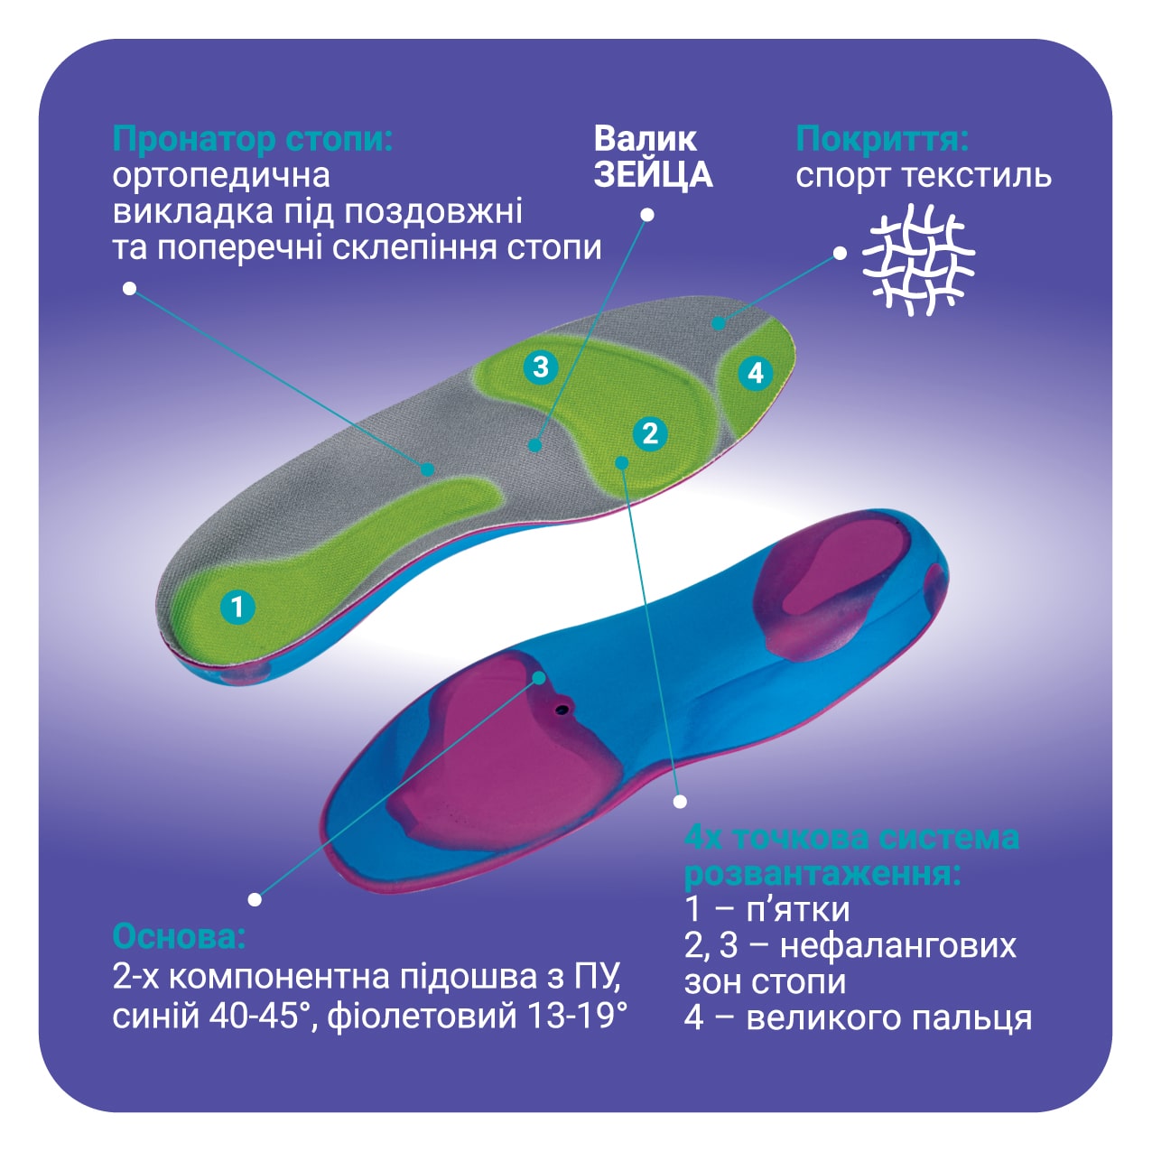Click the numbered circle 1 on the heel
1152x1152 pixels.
237,608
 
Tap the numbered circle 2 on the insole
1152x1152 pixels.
650,432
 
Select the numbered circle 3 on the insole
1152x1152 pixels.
541,367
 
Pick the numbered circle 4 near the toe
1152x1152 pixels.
756,373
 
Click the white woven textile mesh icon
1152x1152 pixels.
918,259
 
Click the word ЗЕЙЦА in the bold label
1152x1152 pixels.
653,174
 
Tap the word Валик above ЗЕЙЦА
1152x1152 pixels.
645,139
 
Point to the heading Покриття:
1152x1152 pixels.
882,140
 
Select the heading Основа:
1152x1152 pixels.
180,937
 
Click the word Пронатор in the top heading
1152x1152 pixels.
194,140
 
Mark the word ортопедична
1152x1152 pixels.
221,177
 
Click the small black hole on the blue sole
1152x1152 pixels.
562,710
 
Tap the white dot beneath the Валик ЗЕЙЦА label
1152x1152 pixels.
646,214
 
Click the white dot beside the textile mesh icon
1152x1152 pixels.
840,254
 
